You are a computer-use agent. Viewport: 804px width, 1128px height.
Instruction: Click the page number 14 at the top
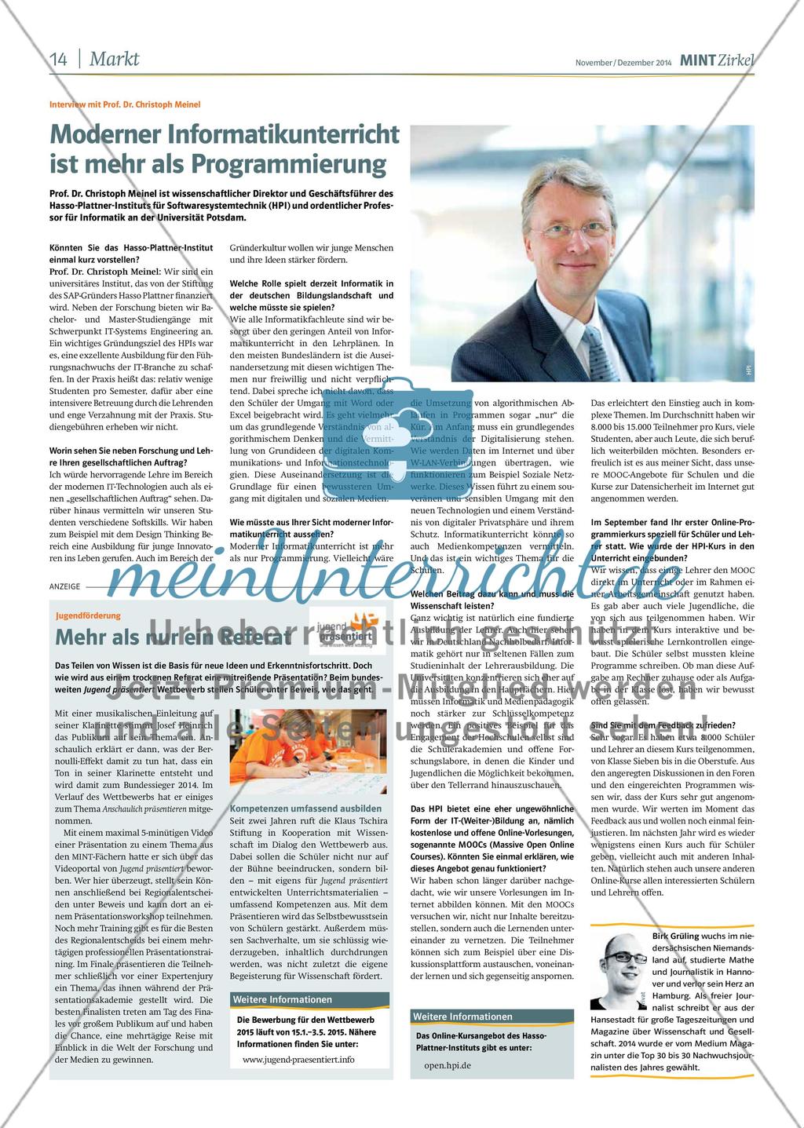pyautogui.click(x=59, y=59)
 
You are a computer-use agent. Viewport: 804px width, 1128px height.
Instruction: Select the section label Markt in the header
pyautogui.click(x=114, y=59)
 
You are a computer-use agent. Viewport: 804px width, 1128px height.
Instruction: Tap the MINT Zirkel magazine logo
pyautogui.click(x=717, y=60)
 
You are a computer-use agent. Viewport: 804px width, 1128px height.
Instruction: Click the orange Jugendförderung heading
pyautogui.click(x=89, y=616)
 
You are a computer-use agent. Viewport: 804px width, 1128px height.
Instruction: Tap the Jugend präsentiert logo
pyautogui.click(x=345, y=626)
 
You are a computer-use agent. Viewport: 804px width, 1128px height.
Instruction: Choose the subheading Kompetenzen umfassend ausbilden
pyautogui.click(x=305, y=809)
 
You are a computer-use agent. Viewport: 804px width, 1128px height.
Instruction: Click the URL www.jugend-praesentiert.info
pyautogui.click(x=298, y=1059)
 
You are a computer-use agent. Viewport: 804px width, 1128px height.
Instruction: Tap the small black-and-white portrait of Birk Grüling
pyautogui.click(x=619, y=970)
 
